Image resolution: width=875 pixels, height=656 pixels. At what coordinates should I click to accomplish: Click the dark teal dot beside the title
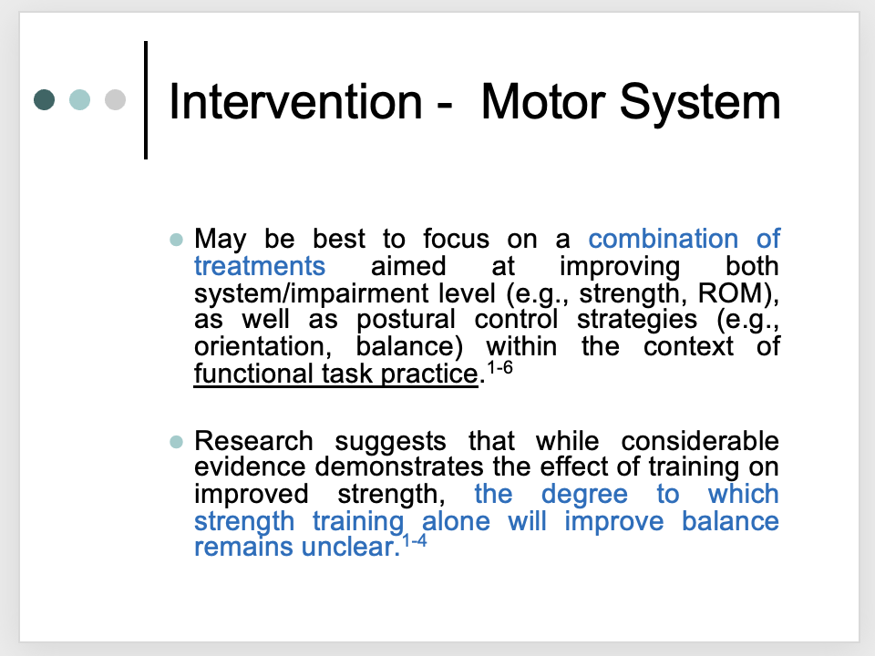45,98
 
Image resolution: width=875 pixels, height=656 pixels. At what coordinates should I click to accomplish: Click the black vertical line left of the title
146,100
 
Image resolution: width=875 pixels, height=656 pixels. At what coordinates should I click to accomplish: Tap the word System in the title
705,102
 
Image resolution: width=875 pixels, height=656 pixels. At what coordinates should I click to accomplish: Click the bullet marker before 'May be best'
176,241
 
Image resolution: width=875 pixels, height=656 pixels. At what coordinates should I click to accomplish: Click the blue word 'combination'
663,240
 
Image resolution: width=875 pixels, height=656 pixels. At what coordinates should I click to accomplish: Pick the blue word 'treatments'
260,266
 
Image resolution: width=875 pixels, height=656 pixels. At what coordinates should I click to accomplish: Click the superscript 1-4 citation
414,540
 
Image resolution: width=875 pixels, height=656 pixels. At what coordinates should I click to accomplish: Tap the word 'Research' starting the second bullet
253,442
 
